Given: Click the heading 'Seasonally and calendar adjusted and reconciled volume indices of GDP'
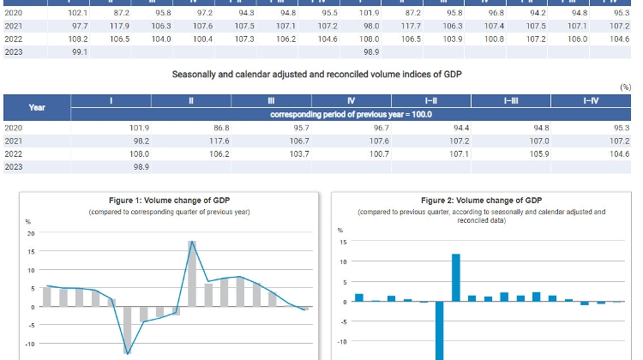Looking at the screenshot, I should pyautogui.click(x=317, y=75).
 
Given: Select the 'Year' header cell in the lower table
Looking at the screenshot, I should pyautogui.click(x=37, y=107).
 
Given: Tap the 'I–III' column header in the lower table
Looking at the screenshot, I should pyautogui.click(x=511, y=101).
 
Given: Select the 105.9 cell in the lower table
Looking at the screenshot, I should pyautogui.click(x=538, y=153).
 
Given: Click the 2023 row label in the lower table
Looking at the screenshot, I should pyautogui.click(x=14, y=166).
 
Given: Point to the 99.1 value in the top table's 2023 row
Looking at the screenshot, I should pyautogui.click(x=79, y=52).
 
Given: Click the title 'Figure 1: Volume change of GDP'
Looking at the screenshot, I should pyautogui.click(x=169, y=201).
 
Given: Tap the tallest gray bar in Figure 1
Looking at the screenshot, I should pyautogui.click(x=193, y=274).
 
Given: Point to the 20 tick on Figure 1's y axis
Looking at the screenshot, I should pyautogui.click(x=31, y=233).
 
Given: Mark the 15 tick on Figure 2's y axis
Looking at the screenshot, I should pyautogui.click(x=343, y=242).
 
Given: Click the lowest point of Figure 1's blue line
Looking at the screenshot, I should pyautogui.click(x=128, y=352).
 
